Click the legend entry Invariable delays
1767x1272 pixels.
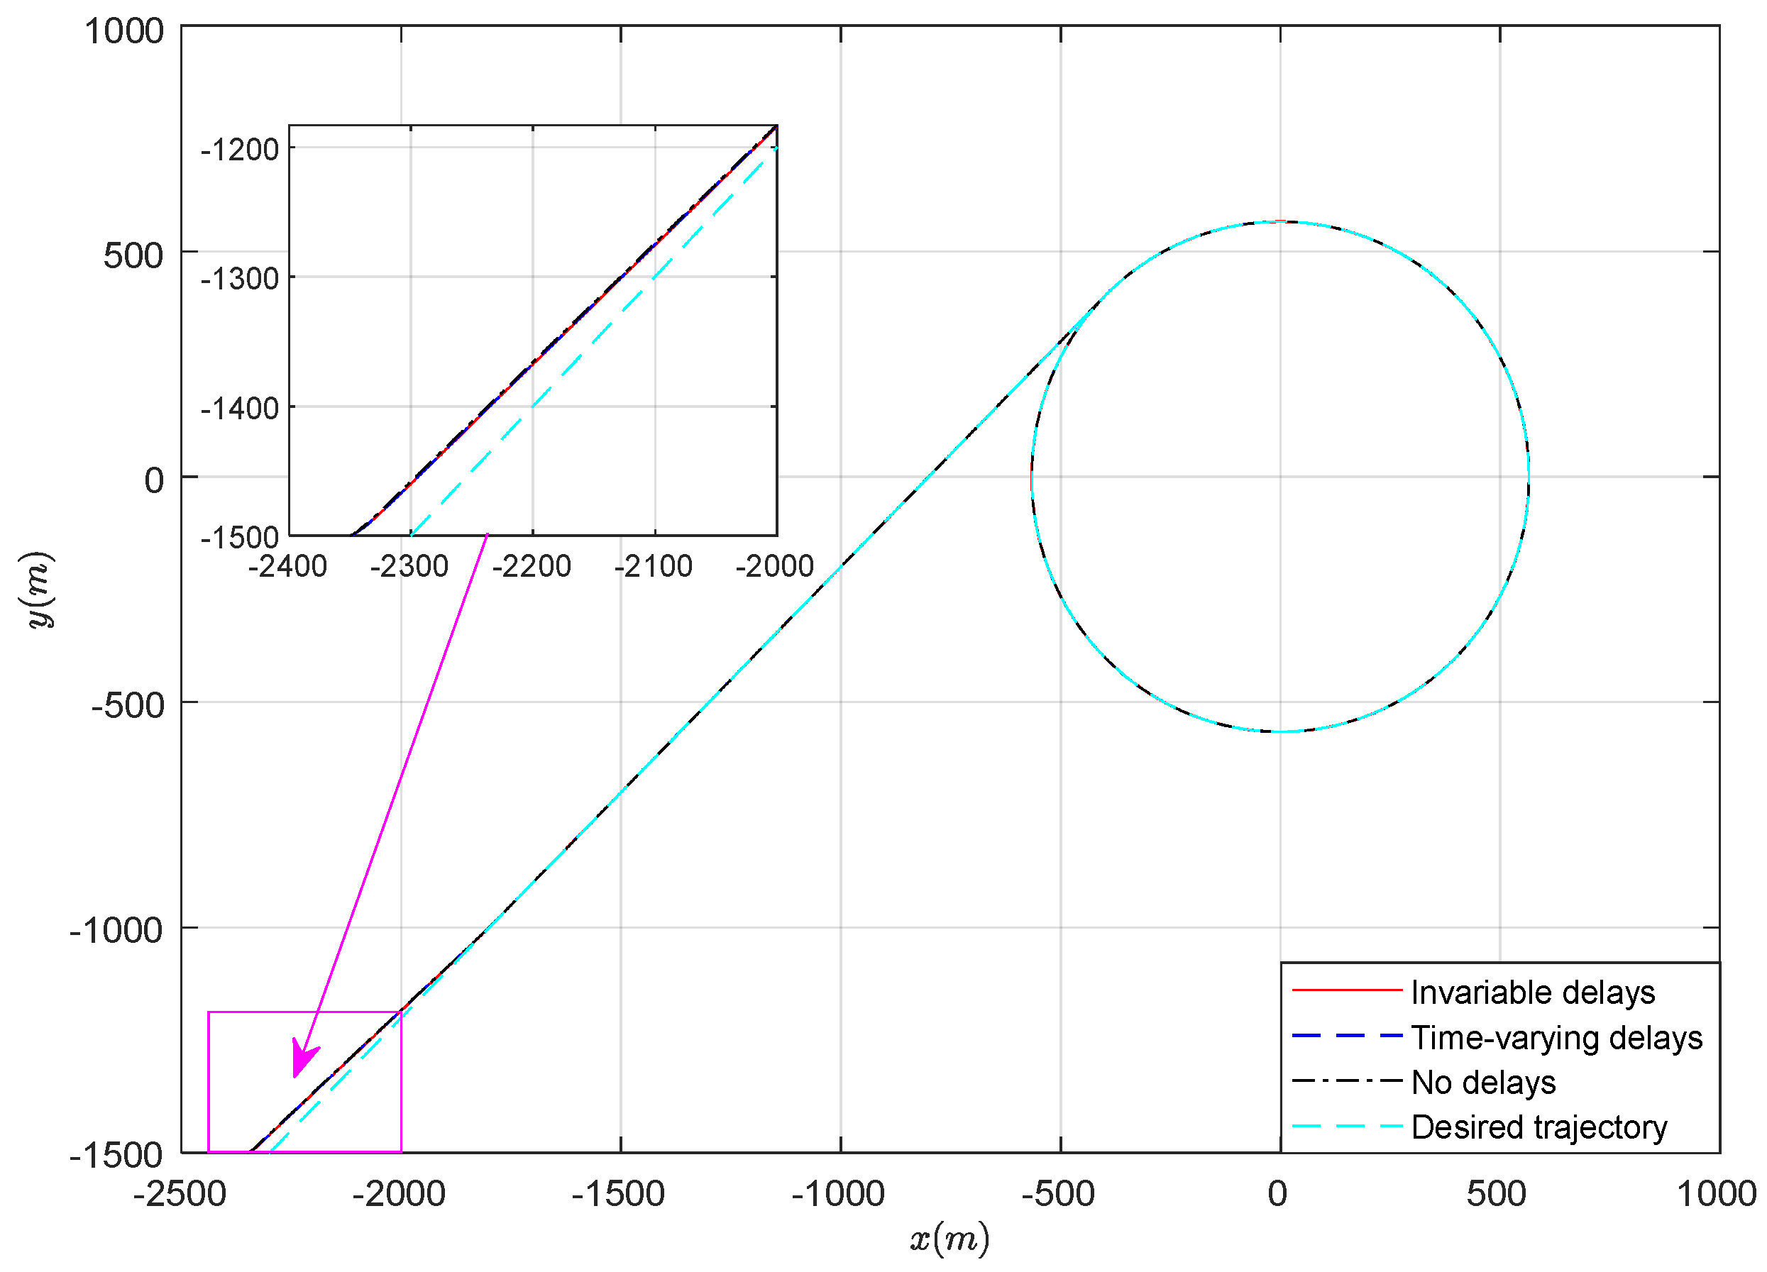[x=1533, y=993]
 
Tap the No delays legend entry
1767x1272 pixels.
[x=1483, y=1083]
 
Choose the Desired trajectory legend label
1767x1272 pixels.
[x=1538, y=1127]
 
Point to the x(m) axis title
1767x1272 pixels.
[x=949, y=1238]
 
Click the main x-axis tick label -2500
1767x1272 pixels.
[x=180, y=1193]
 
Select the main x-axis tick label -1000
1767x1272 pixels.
[x=838, y=1193]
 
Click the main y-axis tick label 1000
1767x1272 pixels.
[x=124, y=32]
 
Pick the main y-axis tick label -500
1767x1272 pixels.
[x=128, y=706]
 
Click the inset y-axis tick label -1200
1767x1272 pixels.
[x=240, y=149]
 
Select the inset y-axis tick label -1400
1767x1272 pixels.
[x=240, y=408]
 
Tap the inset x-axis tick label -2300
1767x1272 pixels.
[x=409, y=566]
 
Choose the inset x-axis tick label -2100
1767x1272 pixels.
[x=653, y=566]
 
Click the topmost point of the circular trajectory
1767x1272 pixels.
[x=1280, y=222]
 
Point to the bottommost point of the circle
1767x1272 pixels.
[x=1280, y=731]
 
